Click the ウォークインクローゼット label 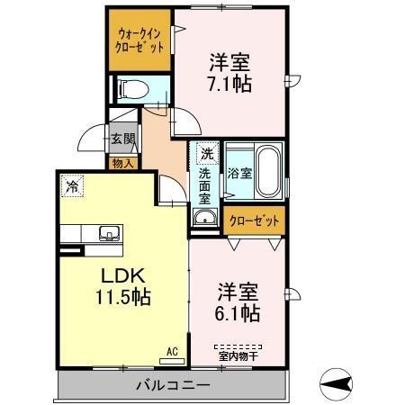[139, 41]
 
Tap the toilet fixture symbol [132, 88]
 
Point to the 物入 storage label [122, 163]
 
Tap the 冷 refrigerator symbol [71, 187]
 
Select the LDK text [116, 274]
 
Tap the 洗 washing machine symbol [206, 152]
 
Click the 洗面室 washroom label [205, 184]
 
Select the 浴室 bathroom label [238, 173]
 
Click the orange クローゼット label [253, 219]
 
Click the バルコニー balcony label [173, 384]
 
